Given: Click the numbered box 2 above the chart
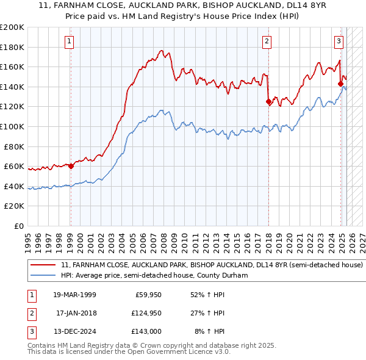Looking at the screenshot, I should point(267,41).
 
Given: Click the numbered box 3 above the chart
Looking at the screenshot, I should point(339,41).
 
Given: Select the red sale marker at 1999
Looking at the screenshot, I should point(71,166).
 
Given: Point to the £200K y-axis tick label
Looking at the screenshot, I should point(12,27).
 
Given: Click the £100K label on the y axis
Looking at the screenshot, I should point(12,126).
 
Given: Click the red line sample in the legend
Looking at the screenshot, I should point(43,265).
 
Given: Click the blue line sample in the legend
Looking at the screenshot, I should point(43,276).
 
